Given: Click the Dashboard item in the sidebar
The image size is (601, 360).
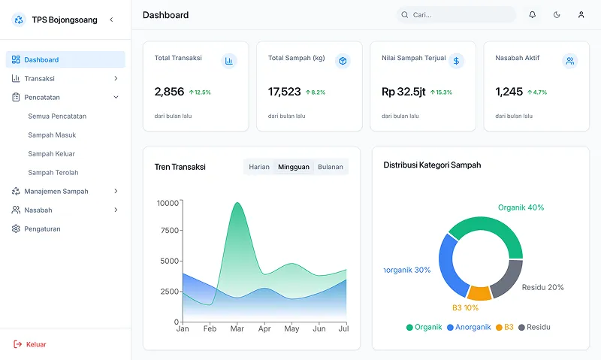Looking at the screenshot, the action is pos(65,60).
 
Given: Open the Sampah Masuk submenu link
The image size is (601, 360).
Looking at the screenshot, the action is pos(52,135).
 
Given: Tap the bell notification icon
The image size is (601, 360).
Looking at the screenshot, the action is pos(533,14).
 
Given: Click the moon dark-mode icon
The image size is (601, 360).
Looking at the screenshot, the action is pos(557,14).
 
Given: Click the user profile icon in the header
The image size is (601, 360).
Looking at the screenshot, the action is pos(581,14).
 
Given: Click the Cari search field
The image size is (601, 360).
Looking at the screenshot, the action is pos(456,14).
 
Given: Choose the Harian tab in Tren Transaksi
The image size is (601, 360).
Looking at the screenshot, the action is pos(259,167).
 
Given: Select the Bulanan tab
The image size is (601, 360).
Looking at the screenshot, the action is pos(331,167).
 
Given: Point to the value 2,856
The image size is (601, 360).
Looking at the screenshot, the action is pos(170,92).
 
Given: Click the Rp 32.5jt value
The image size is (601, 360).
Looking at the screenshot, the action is pos(403,92).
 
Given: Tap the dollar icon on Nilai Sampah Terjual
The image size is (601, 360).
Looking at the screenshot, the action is pos(456,61).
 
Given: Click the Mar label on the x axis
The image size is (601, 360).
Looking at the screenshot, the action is pos(237,328).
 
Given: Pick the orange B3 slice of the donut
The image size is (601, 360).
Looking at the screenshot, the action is pos(479,293).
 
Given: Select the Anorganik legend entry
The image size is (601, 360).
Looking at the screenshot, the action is pos(469,327).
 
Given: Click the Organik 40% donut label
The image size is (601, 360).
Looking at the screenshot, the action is pos(521,207).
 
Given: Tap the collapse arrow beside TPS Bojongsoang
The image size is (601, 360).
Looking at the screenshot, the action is pos(111,20).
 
